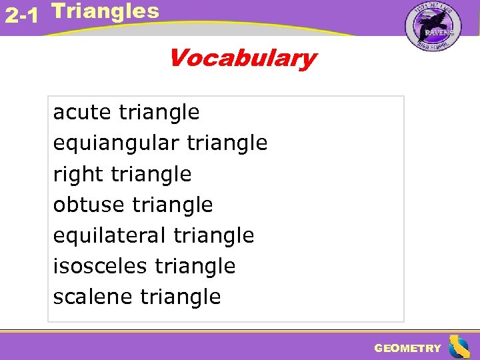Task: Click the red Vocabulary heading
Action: pyautogui.click(x=241, y=59)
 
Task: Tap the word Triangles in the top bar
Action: pyautogui.click(x=105, y=11)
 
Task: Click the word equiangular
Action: pyautogui.click(x=117, y=143)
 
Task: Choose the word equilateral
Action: pyautogui.click(x=110, y=235)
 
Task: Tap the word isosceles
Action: pyautogui.click(x=100, y=266)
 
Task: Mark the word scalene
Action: pyautogui.click(x=93, y=297)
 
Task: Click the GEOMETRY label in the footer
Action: pyautogui.click(x=407, y=348)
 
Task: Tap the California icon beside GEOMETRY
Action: pyautogui.click(x=459, y=347)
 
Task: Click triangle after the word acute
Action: pyautogui.click(x=159, y=113)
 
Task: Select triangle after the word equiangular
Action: pyautogui.click(x=227, y=143)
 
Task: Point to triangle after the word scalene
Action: pyautogui.click(x=180, y=297)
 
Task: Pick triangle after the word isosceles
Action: pyautogui.click(x=195, y=266)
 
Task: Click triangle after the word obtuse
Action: pyautogui.click(x=173, y=205)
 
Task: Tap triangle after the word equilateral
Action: pyautogui.click(x=214, y=235)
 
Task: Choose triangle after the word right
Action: pyautogui.click(x=151, y=175)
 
